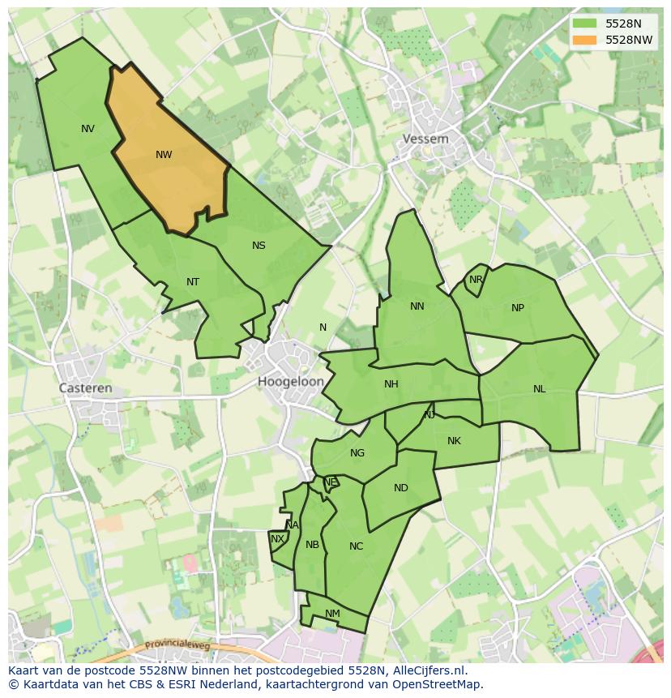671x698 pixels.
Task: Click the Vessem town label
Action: point(425,139)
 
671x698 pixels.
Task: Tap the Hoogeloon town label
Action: point(291,381)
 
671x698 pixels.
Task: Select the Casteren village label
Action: point(86,388)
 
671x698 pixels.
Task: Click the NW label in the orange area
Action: point(164,155)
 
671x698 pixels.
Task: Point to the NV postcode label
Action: point(88,129)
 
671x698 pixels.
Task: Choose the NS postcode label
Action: point(259,246)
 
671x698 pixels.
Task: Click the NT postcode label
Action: point(193,282)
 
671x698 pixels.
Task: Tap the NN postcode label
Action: point(417,306)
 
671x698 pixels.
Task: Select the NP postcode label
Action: point(518,308)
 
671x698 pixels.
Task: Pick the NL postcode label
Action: point(540,389)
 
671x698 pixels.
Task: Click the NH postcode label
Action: point(391,384)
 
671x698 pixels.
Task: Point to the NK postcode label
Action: point(454,441)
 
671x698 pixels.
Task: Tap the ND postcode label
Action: point(401,488)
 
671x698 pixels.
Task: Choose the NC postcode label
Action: point(357,546)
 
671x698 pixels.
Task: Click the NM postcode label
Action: point(332,614)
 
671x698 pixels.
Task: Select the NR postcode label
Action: point(476,280)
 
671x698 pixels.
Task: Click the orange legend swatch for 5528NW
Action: point(583,40)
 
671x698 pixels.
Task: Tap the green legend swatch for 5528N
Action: point(583,24)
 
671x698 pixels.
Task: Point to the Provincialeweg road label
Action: point(177,645)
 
